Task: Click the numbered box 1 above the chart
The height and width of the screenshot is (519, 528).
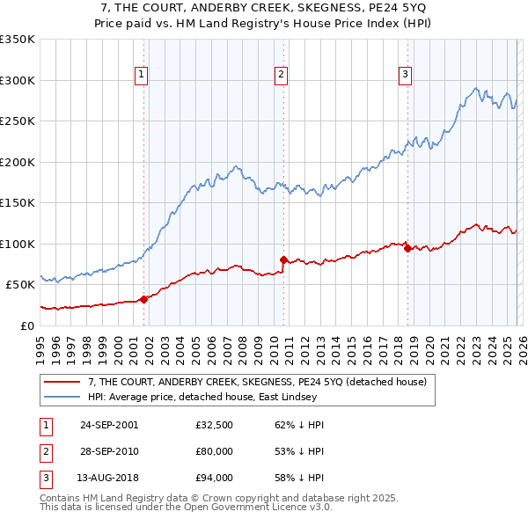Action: point(142,76)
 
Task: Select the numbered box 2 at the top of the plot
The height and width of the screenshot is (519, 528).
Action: point(281,76)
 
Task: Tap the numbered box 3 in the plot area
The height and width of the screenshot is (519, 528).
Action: point(405,76)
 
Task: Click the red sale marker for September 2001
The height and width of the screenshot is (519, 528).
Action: point(144,299)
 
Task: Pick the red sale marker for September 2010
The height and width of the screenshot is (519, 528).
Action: point(283,259)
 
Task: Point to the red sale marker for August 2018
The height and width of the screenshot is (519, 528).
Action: point(407,248)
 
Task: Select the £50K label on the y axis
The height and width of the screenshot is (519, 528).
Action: point(20,285)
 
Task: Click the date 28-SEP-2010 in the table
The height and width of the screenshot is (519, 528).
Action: point(109,450)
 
